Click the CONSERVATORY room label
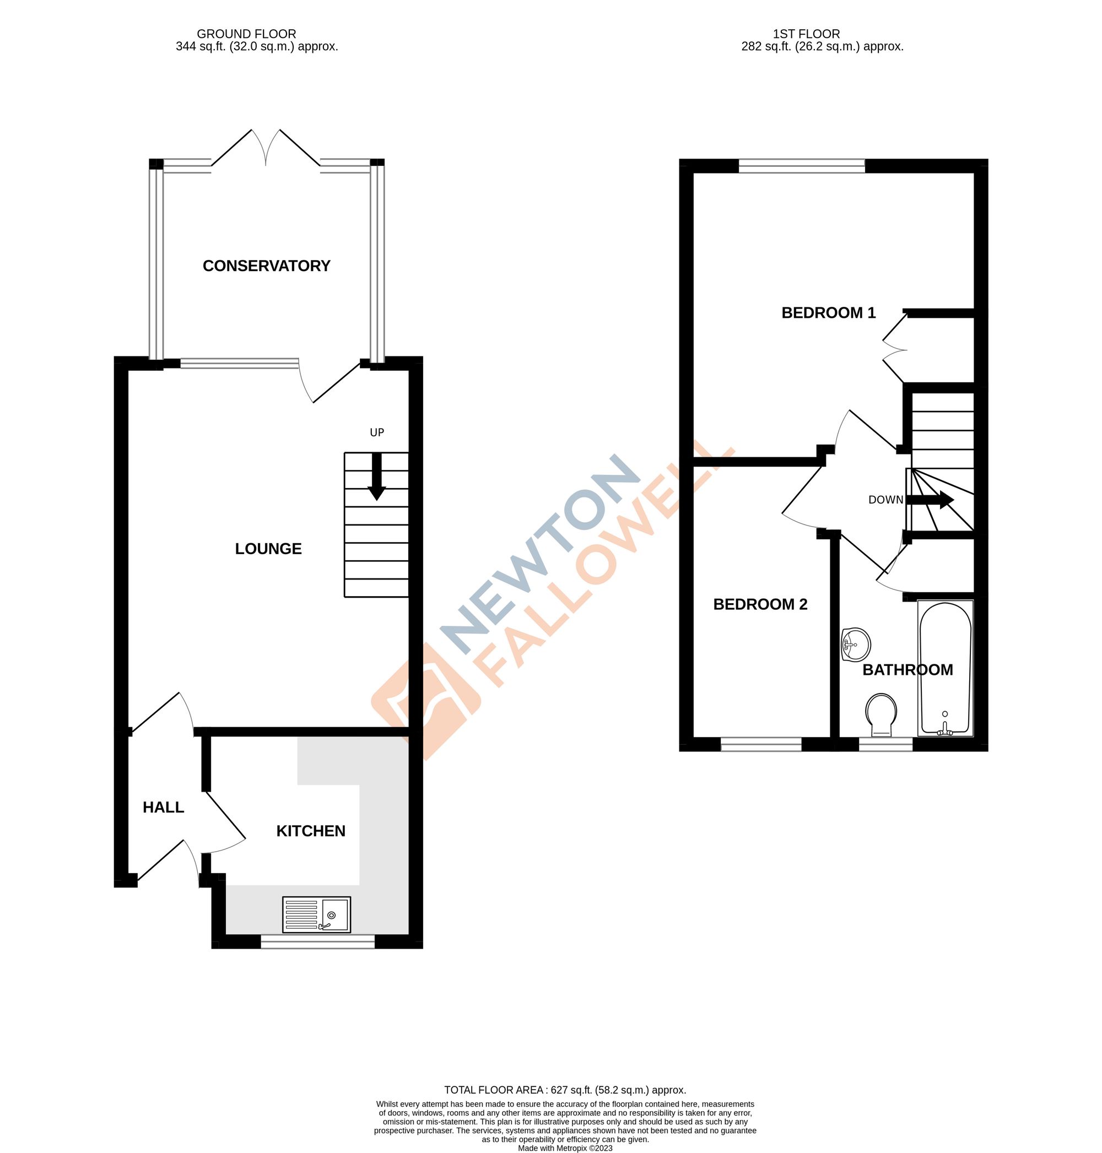tap(266, 266)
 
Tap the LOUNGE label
tap(268, 549)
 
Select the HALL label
tap(163, 807)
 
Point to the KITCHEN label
tap(311, 831)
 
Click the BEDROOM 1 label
tap(828, 312)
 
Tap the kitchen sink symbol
tap(316, 914)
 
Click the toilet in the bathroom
tap(881, 713)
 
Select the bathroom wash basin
tap(855, 645)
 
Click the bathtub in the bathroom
tap(944, 668)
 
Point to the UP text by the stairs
tap(376, 432)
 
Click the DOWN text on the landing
tap(885, 500)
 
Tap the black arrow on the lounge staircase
tap(376, 477)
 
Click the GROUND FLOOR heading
tap(246, 34)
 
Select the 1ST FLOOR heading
tap(806, 34)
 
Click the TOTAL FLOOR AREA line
tap(565, 1090)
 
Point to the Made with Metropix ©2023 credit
tap(565, 1148)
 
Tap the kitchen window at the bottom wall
tap(317, 941)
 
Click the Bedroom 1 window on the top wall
tap(801, 166)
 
